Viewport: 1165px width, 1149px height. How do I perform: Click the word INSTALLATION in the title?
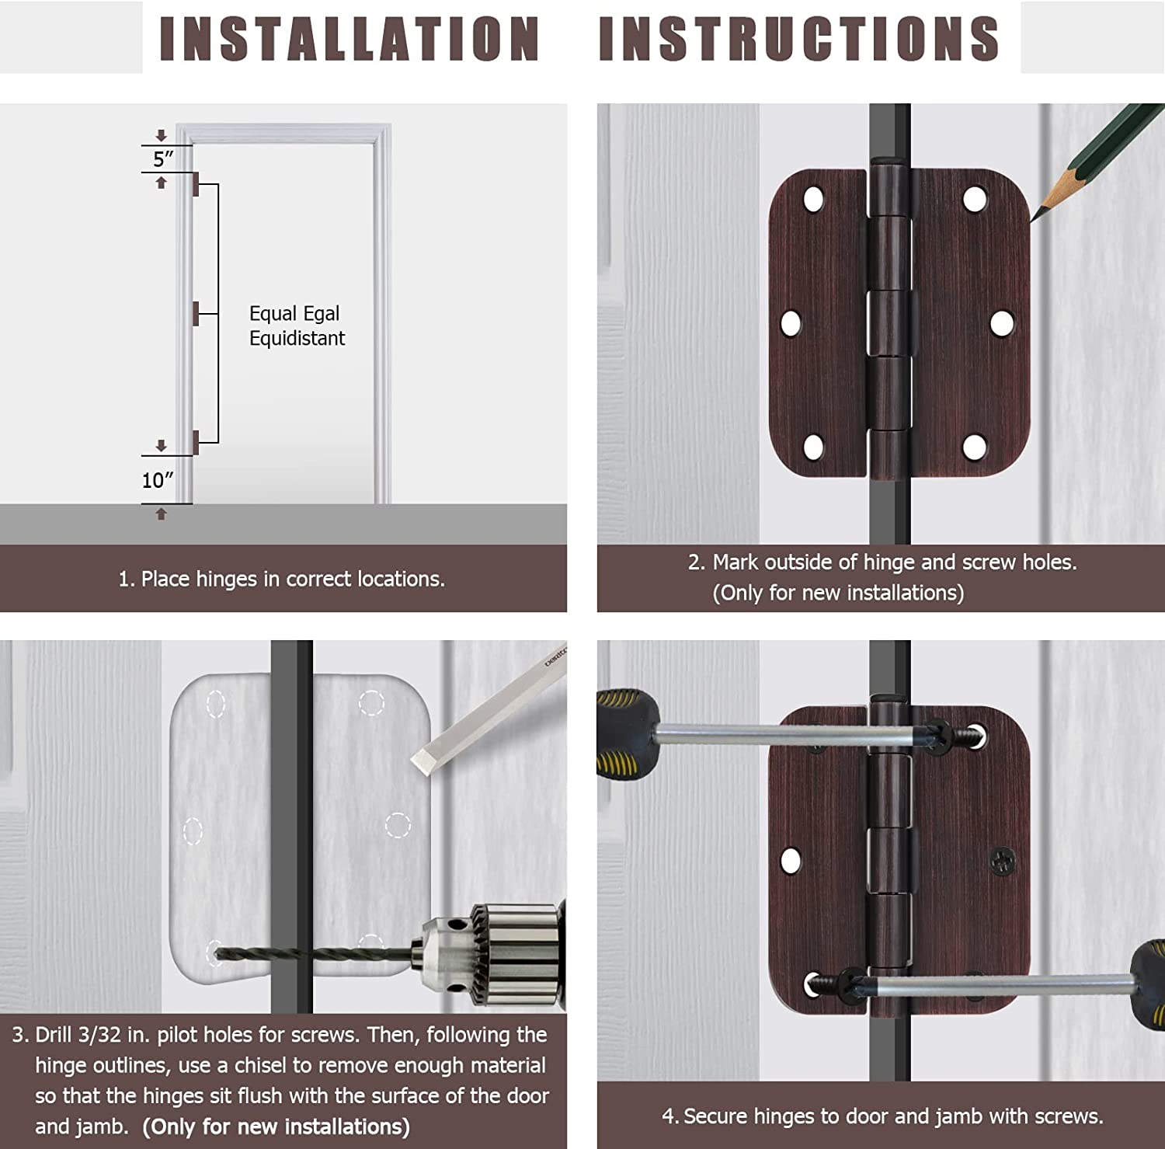[349, 38]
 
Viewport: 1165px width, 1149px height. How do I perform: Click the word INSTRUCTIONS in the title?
[799, 38]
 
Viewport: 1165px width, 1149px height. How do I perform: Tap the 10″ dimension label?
[158, 480]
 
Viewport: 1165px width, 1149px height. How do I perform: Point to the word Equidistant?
[297, 339]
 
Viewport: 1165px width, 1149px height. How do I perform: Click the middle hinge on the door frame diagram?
[196, 313]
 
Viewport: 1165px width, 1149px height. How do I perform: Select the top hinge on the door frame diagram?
[196, 184]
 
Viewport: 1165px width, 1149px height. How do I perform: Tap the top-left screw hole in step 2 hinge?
[813, 200]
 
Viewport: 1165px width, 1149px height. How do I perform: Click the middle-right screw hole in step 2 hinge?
[1002, 323]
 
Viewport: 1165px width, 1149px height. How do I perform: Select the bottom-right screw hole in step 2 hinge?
[975, 447]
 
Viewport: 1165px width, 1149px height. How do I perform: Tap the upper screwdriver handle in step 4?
[626, 732]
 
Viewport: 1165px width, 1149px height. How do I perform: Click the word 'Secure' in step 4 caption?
[716, 1116]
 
